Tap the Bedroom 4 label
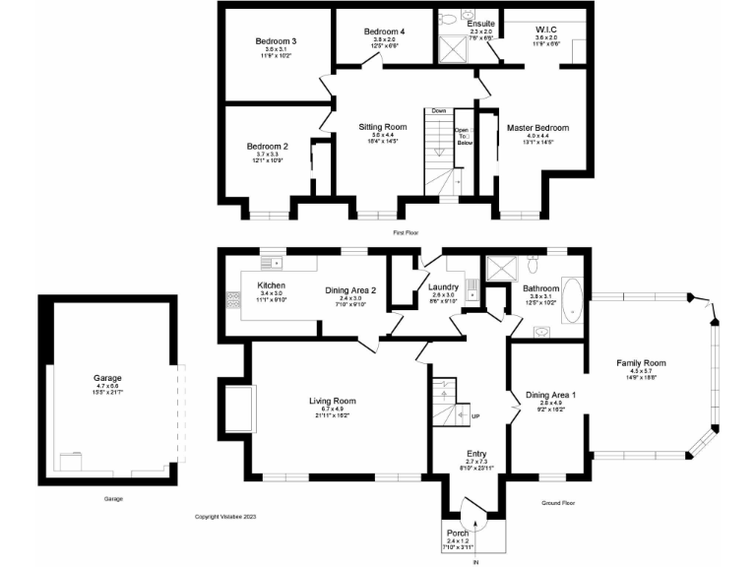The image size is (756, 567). point(383,31)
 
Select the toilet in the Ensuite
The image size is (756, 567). point(447,19)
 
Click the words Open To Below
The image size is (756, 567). point(462,136)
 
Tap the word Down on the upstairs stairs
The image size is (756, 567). point(439,110)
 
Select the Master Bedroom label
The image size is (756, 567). point(537,128)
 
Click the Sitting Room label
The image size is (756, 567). point(382,127)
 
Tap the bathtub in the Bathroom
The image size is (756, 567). point(575,300)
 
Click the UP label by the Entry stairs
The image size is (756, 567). point(476,416)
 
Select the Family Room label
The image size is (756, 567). point(641,363)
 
